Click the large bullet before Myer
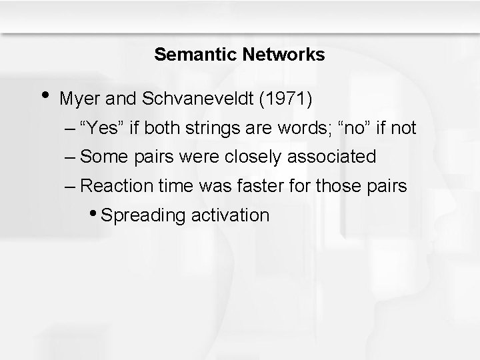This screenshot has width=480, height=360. click(x=43, y=96)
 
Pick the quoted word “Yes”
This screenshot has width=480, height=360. click(x=102, y=128)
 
